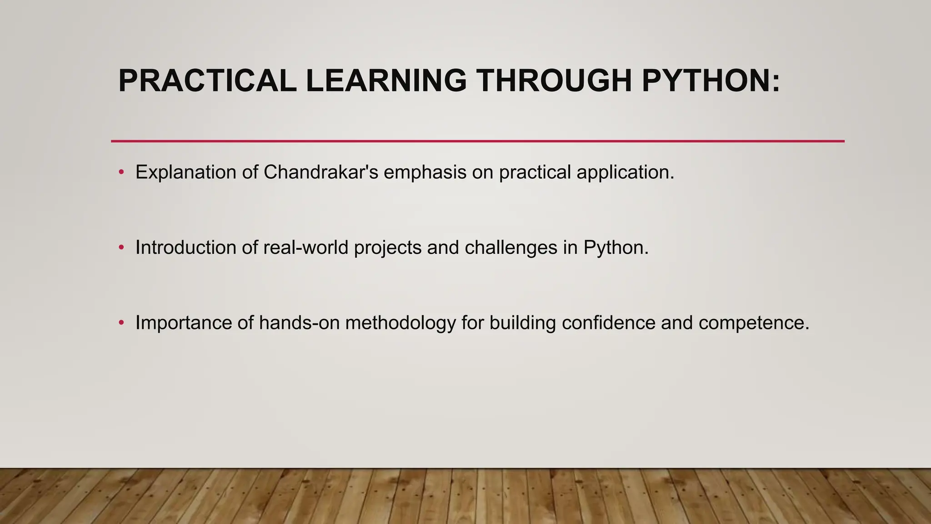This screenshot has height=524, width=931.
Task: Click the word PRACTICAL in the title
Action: pyautogui.click(x=207, y=81)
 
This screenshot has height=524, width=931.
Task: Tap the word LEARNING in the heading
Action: pyautogui.click(x=386, y=81)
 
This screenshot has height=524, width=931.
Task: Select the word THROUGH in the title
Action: pyautogui.click(x=554, y=81)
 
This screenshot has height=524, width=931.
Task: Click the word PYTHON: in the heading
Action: pyautogui.click(x=711, y=81)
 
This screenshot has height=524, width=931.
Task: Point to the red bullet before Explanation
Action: pyautogui.click(x=121, y=172)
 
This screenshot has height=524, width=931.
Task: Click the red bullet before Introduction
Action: pyautogui.click(x=121, y=248)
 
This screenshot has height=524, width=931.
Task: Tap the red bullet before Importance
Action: pyautogui.click(x=121, y=323)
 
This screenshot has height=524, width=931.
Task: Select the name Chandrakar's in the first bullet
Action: pyautogui.click(x=320, y=172)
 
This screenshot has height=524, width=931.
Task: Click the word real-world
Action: pyautogui.click(x=305, y=248)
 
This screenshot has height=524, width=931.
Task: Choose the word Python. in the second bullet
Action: pyautogui.click(x=616, y=248)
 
